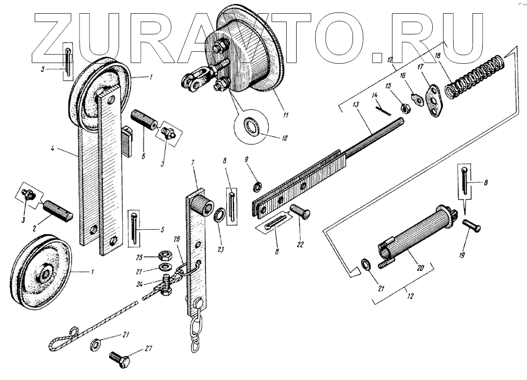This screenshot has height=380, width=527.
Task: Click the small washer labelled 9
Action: pos(258,187)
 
